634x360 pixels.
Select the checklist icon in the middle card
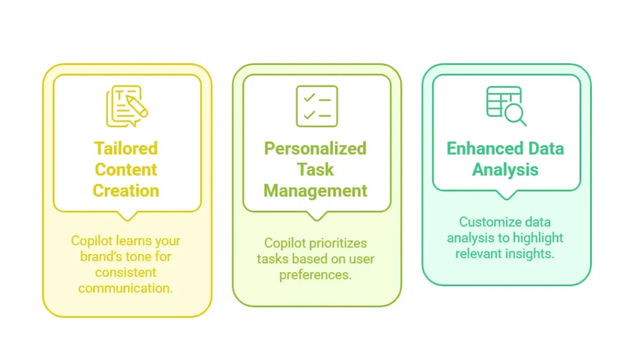316,106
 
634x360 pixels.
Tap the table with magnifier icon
506,105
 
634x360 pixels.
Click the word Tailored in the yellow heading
126,149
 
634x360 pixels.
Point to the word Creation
126,190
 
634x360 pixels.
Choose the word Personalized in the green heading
316,149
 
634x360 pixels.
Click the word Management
316,190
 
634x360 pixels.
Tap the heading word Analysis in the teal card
505,170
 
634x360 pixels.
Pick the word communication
126,288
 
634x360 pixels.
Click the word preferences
315,274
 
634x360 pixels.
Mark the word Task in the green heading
316,170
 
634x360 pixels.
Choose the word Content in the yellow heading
126,170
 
